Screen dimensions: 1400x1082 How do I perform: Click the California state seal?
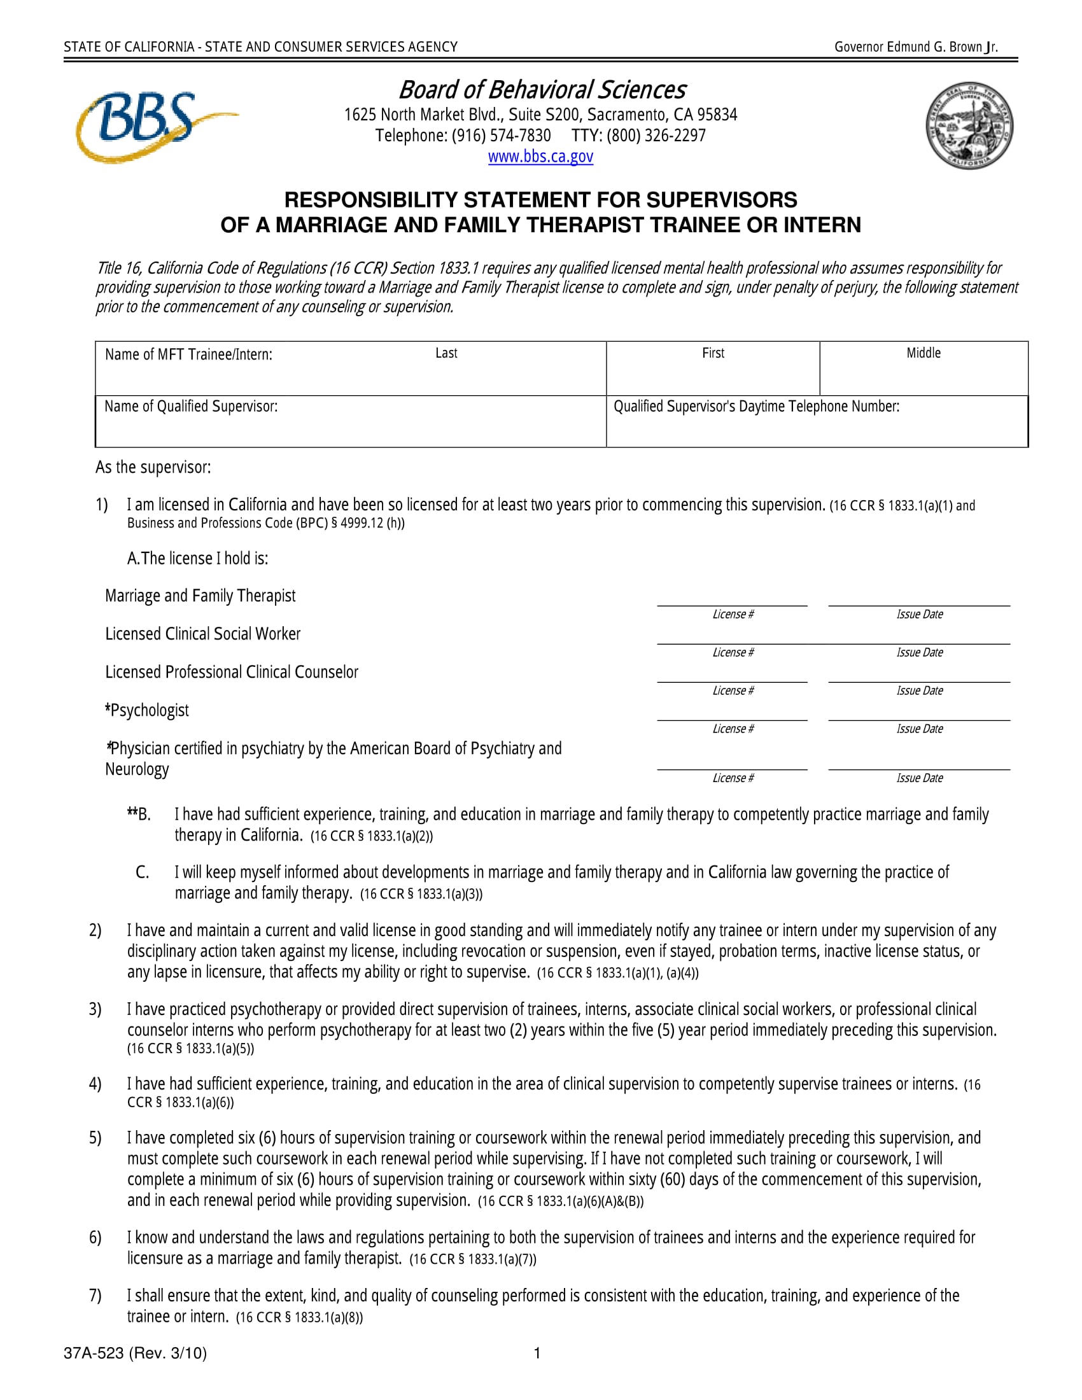(969, 125)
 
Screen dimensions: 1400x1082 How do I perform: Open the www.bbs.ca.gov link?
(540, 157)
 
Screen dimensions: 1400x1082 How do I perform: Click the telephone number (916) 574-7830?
(463, 136)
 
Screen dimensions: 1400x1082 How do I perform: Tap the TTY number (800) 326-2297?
(638, 136)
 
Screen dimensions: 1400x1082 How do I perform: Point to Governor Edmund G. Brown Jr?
(915, 47)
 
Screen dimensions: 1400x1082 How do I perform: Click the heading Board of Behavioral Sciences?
(542, 90)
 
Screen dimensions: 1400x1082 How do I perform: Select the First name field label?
(713, 353)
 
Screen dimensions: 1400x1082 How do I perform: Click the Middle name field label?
(923, 353)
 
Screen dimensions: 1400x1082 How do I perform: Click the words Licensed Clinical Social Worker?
(202, 634)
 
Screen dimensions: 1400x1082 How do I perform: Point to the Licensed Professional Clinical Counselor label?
(232, 673)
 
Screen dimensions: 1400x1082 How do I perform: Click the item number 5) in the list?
(95, 1138)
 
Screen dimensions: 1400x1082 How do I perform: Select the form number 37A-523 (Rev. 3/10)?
(135, 1353)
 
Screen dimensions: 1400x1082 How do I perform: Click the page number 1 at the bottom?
(537, 1353)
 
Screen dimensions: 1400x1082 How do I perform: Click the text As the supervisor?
(153, 467)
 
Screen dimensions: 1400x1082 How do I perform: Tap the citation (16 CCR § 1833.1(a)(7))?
(472, 1259)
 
